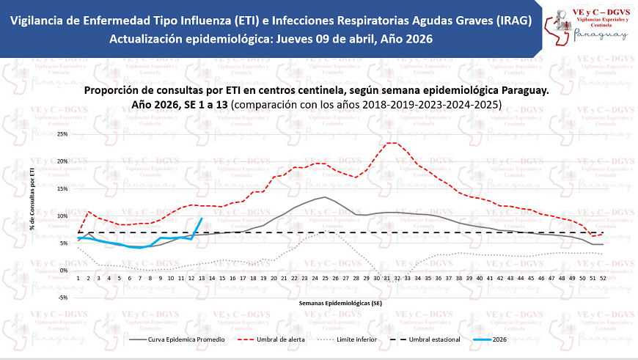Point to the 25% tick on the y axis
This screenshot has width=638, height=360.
click(62, 134)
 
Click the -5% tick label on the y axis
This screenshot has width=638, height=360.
click(63, 298)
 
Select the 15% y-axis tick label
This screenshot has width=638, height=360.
click(62, 189)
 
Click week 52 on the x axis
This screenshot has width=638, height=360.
click(602, 279)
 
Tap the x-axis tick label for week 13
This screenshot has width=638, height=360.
click(201, 279)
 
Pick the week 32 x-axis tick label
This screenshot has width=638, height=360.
click(396, 279)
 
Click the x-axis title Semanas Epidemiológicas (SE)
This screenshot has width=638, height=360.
click(340, 301)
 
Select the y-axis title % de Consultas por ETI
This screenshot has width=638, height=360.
click(32, 198)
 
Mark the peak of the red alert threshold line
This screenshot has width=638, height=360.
click(392, 142)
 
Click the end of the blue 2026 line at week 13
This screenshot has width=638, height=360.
click(202, 218)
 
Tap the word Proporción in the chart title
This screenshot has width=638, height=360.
click(112, 90)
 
